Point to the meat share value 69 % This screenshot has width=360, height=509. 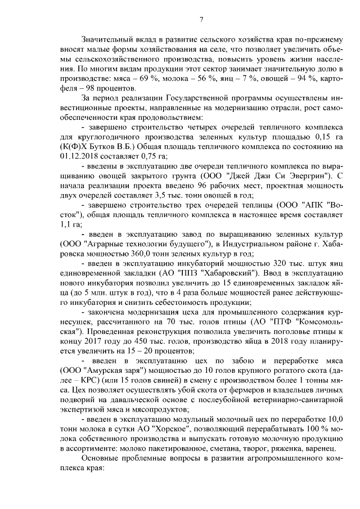[152, 79]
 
